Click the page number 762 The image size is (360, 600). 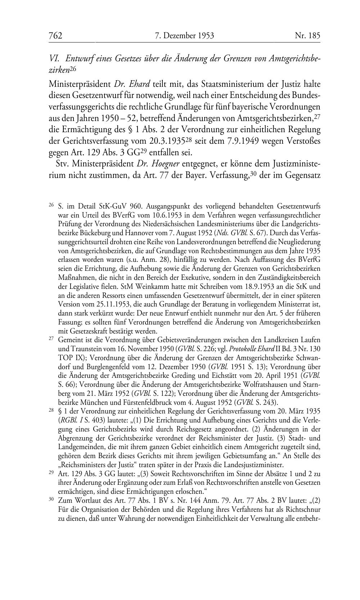tap(55, 36)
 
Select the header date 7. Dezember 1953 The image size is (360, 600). tap(184, 36)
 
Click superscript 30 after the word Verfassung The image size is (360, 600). tap(255, 174)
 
